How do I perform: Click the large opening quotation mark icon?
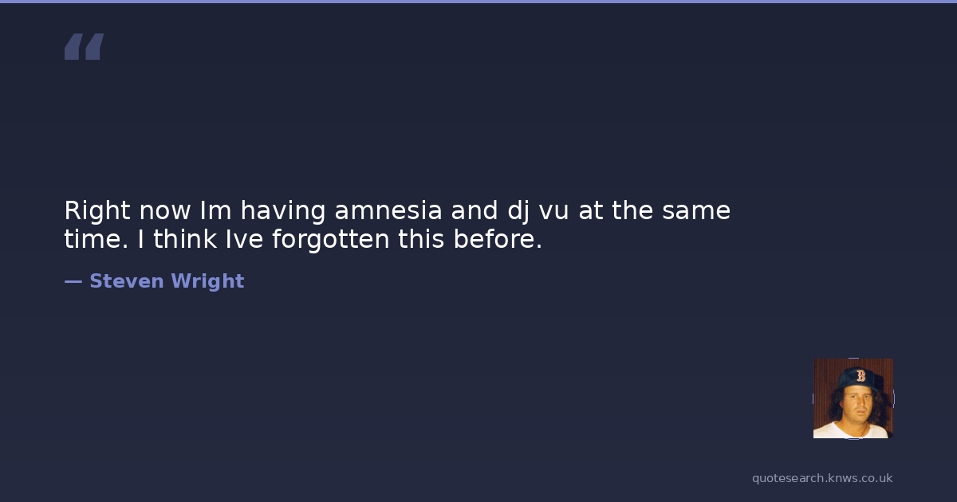pos(85,46)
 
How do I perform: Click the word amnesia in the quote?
pos(388,210)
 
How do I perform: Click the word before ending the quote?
pos(498,238)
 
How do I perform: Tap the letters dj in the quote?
pos(518,212)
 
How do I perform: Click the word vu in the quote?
pos(553,214)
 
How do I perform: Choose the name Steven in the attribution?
pos(127,281)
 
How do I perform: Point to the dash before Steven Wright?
pos(73,282)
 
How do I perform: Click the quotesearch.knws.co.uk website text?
pos(822,479)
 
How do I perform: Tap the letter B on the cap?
pos(861,375)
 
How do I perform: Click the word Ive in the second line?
pos(244,238)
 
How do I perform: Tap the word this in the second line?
pos(421,238)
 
